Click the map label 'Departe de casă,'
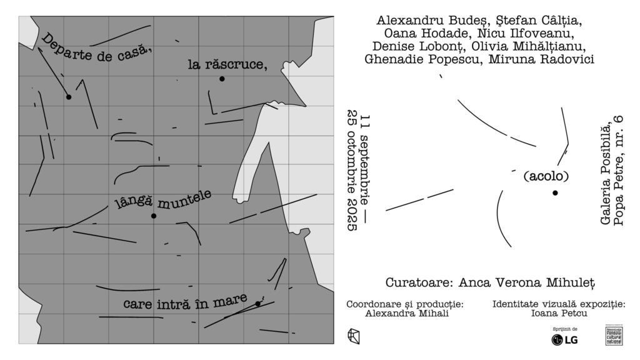pos(97,48)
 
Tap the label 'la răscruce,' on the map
pos(227,64)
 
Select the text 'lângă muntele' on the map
pos(164,199)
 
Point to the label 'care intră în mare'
pos(185,303)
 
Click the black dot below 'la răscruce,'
pos(222,79)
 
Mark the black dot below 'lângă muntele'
pos(154,216)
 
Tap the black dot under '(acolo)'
pos(555,192)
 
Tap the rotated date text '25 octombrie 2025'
pos(352,172)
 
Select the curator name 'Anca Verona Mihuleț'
pos(527,282)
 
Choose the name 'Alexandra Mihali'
pos(407,314)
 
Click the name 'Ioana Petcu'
pos(559,314)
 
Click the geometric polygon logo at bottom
pos(354,336)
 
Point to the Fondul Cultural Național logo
pos(614,336)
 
